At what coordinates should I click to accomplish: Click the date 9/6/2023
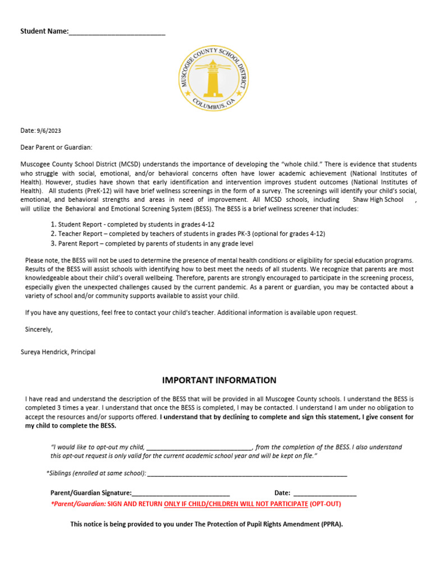[49, 131]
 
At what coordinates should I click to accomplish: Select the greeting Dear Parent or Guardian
[56, 147]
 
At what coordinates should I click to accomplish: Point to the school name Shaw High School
[378, 200]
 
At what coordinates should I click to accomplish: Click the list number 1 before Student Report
[53, 224]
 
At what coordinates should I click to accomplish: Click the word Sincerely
[39, 329]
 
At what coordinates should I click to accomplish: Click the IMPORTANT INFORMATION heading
[219, 380]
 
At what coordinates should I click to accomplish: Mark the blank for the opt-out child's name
[199, 448]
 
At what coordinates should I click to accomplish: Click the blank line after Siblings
[247, 474]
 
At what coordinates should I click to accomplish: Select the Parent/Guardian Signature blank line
[181, 494]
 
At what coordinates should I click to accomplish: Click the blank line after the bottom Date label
[325, 494]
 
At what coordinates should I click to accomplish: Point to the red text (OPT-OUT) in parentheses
[325, 504]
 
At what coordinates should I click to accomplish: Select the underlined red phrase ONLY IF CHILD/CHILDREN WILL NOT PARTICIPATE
[236, 504]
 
